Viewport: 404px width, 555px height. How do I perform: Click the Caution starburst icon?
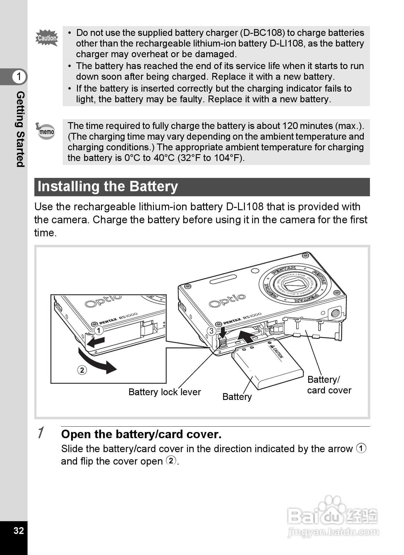(x=47, y=38)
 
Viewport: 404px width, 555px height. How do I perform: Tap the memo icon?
(x=46, y=131)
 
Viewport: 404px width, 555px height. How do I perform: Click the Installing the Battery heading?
(x=108, y=186)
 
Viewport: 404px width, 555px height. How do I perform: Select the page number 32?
(x=18, y=530)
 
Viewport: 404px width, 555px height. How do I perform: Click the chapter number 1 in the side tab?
(x=19, y=76)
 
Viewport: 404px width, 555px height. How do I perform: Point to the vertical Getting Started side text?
(x=20, y=129)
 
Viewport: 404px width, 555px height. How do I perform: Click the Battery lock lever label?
(x=164, y=392)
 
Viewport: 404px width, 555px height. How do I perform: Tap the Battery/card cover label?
(x=329, y=385)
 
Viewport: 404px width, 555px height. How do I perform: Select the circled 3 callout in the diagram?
(x=211, y=331)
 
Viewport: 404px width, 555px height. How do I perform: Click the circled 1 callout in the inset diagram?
(x=99, y=330)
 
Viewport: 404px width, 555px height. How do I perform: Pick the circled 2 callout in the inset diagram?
(x=82, y=370)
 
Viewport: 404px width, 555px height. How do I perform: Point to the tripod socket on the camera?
(x=335, y=312)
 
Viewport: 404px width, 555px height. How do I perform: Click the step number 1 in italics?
(x=41, y=433)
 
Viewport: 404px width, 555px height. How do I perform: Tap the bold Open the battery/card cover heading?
(x=141, y=434)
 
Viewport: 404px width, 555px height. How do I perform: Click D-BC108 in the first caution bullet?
(x=262, y=33)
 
